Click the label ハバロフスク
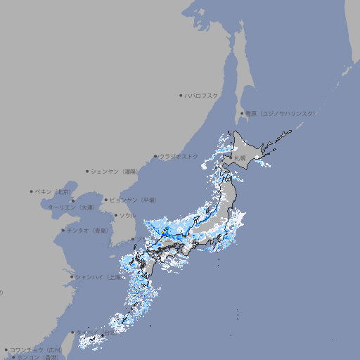point(202,95)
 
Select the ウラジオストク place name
point(179,156)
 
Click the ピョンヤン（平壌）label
point(134,200)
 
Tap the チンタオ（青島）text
point(88,230)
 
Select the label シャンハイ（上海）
point(98,277)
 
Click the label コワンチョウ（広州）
point(36,349)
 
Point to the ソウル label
point(127,216)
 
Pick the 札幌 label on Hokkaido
point(240,159)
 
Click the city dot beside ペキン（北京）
point(31,191)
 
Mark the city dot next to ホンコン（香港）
point(13,357)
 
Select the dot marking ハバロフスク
point(181,95)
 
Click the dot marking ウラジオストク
point(155,156)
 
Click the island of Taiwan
point(67,345)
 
